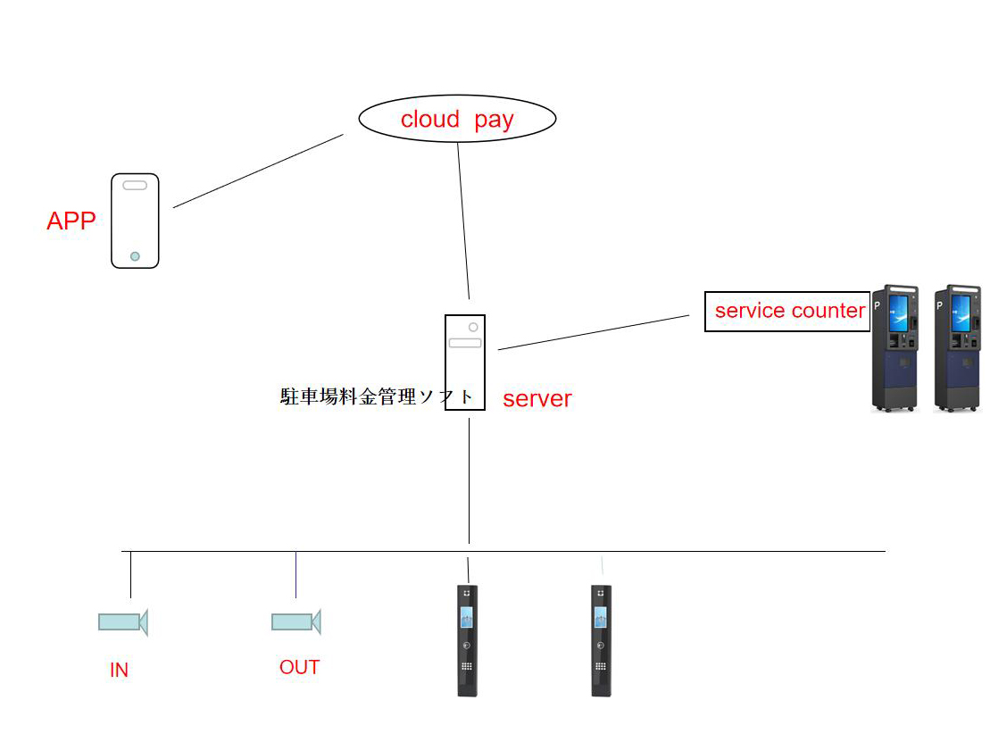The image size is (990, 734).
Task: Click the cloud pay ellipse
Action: tap(457, 119)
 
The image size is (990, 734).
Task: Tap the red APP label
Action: tap(71, 221)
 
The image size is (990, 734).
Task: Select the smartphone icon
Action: tap(135, 221)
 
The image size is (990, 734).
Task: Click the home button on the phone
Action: tap(135, 256)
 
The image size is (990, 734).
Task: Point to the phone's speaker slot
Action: tap(135, 186)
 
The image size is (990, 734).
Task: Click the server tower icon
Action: tap(465, 362)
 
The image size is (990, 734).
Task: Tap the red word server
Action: tap(537, 399)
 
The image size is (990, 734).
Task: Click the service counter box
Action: tap(787, 312)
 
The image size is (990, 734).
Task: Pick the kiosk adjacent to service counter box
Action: tap(894, 348)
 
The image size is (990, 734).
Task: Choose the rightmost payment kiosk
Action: tap(957, 348)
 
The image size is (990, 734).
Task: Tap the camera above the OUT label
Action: tap(295, 621)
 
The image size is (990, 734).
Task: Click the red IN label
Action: tap(119, 670)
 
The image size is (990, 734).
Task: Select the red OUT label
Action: tap(299, 667)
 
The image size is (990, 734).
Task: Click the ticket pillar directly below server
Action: tap(467, 639)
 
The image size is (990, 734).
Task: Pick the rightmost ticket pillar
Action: tap(601, 639)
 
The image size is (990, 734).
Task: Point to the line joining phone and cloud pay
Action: tap(258, 171)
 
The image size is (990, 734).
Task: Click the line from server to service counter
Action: tap(594, 332)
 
